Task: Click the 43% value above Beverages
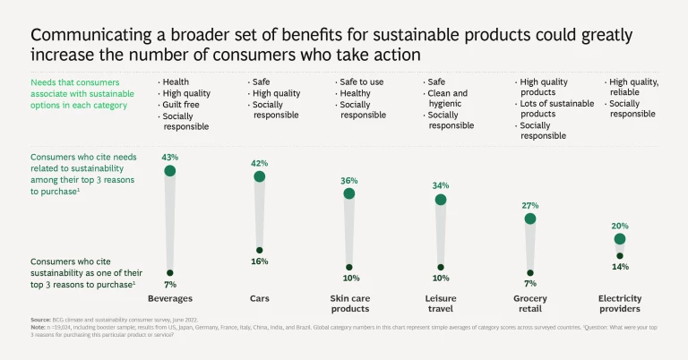[x=169, y=157]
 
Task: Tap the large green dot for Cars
[x=260, y=176]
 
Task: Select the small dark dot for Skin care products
[x=349, y=267]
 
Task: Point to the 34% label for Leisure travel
[x=441, y=185]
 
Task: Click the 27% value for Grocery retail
[x=530, y=205]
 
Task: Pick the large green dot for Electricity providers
[x=620, y=239]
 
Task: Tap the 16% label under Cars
[x=260, y=261]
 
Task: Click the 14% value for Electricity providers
[x=620, y=267]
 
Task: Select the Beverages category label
[x=169, y=298]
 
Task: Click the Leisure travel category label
[x=441, y=304]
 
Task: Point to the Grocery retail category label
[x=530, y=304]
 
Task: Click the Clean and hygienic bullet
[x=448, y=99]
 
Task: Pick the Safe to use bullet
[x=364, y=81]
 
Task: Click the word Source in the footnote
[x=40, y=320]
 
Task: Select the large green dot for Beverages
[x=169, y=170]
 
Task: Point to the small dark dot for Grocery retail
[x=530, y=273]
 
